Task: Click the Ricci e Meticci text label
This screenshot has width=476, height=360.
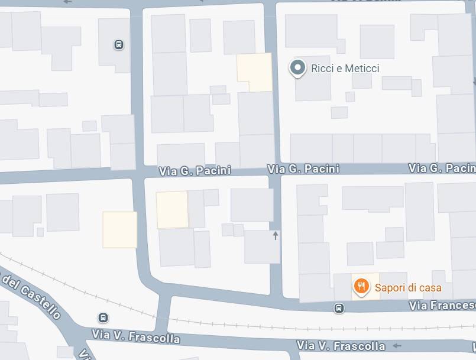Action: click(x=345, y=69)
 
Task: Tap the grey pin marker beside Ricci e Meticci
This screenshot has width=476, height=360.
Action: click(x=297, y=69)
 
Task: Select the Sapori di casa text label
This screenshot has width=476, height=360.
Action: click(x=408, y=288)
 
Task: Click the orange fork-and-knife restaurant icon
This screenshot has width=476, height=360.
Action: click(x=361, y=287)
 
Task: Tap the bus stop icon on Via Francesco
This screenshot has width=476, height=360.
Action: click(x=339, y=308)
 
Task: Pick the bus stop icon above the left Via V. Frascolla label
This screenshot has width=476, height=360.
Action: click(x=103, y=317)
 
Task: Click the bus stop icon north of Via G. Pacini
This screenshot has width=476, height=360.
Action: click(x=119, y=44)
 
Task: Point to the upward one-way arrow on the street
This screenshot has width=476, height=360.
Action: click(x=275, y=236)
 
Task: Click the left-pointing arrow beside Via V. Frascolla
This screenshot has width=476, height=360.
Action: click(x=397, y=345)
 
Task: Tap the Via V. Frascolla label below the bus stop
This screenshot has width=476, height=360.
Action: click(x=135, y=337)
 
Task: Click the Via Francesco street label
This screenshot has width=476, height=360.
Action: click(x=442, y=306)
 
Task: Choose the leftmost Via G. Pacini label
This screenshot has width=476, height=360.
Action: click(x=195, y=171)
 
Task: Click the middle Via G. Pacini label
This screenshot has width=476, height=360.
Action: click(x=303, y=169)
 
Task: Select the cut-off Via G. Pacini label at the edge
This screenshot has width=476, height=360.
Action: click(x=442, y=168)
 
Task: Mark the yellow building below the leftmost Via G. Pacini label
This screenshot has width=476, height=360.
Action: click(x=172, y=210)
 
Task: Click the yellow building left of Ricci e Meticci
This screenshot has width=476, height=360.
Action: click(x=254, y=72)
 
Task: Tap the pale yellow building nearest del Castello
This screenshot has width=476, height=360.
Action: click(x=119, y=229)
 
